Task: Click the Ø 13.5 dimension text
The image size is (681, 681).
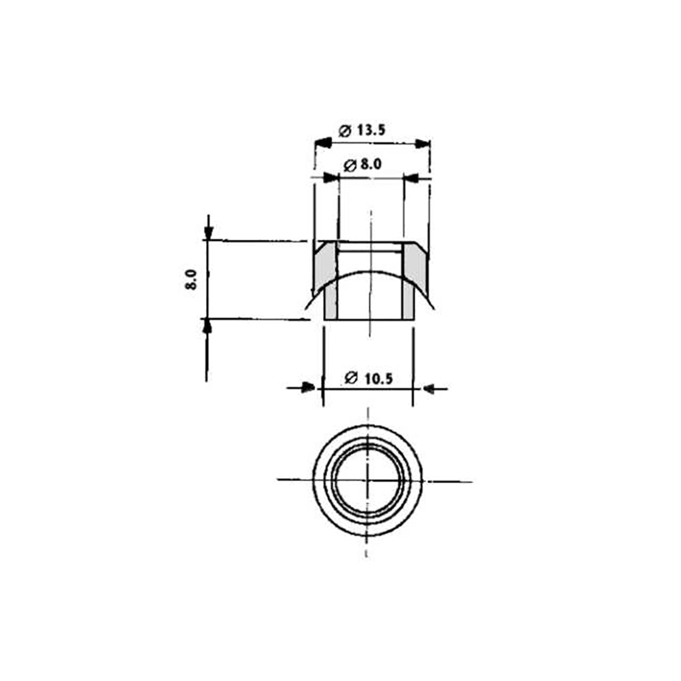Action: pyautogui.click(x=362, y=130)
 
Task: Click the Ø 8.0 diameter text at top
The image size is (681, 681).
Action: pyautogui.click(x=362, y=165)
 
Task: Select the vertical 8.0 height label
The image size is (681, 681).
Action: pyautogui.click(x=191, y=280)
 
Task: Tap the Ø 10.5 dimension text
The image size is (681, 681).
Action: pyautogui.click(x=369, y=378)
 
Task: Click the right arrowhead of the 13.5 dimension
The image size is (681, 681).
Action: pyautogui.click(x=422, y=144)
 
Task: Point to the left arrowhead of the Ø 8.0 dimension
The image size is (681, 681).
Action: pyautogui.click(x=331, y=177)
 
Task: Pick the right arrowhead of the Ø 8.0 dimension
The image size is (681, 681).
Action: pyautogui.click(x=411, y=178)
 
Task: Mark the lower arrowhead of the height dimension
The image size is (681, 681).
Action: pyautogui.click(x=207, y=327)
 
